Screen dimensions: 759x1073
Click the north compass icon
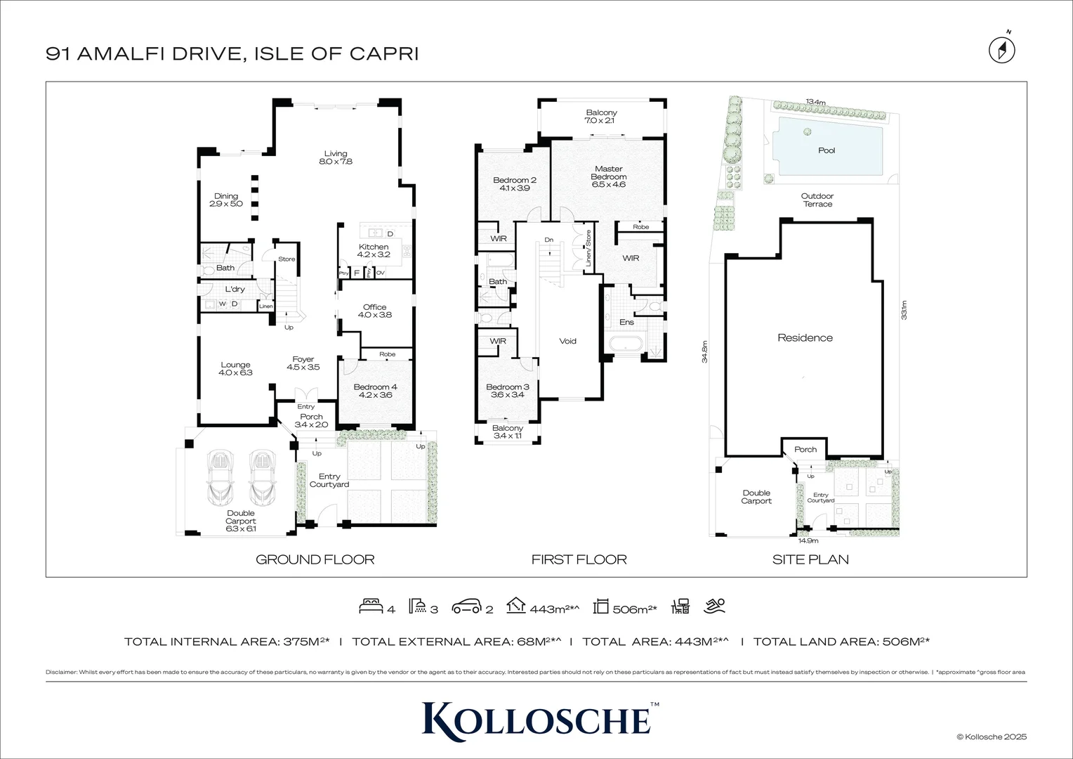tap(1002, 49)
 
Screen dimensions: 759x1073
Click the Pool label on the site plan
tap(827, 150)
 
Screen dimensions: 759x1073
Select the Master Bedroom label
tap(608, 176)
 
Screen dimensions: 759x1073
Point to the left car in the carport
tap(220, 476)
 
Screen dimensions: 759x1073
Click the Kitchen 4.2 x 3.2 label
tap(374, 251)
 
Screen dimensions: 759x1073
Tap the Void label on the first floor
tap(567, 341)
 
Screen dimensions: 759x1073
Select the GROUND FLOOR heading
tap(315, 559)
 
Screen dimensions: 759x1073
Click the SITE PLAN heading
tap(810, 559)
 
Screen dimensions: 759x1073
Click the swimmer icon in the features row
tap(716, 606)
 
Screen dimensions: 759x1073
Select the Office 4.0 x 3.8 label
tap(374, 311)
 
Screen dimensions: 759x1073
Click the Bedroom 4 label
tap(375, 391)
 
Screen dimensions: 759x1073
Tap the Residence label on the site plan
tap(805, 338)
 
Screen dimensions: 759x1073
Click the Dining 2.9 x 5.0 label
tap(226, 200)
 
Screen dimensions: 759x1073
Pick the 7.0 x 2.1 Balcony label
tap(601, 117)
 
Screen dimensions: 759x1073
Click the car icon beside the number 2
tap(466, 606)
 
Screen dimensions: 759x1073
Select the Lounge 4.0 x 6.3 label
tap(235, 369)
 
